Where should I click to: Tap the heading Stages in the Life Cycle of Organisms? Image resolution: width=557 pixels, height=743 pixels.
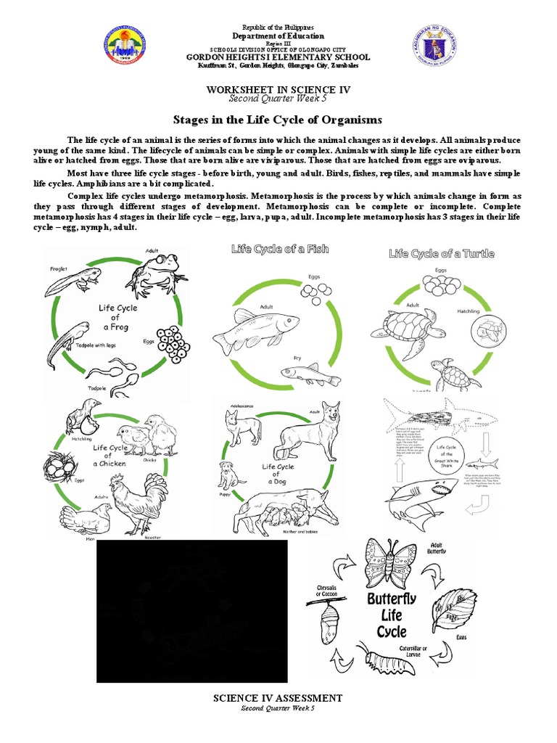point(277,119)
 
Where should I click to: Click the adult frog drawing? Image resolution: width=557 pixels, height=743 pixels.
point(154,274)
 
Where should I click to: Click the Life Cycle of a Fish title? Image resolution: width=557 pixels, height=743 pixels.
point(280,249)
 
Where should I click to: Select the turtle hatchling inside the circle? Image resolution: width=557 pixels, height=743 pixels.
point(491,332)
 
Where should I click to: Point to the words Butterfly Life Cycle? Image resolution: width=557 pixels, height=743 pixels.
point(387,615)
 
